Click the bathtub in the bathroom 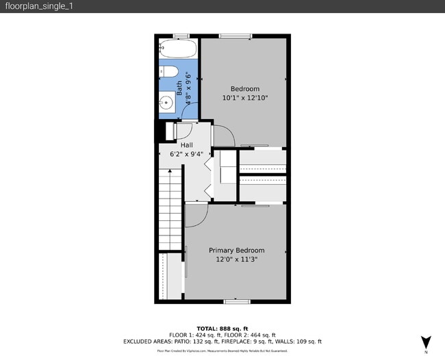178,50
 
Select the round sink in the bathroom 166,103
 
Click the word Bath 180,87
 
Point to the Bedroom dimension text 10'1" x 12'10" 244,98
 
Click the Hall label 186,145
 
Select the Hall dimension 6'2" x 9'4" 186,154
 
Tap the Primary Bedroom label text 236,250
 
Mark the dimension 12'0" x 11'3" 236,259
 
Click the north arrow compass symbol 425,342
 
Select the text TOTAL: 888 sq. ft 222,327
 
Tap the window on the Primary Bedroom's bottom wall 236,301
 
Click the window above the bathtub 180,36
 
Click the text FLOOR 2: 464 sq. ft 243,334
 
